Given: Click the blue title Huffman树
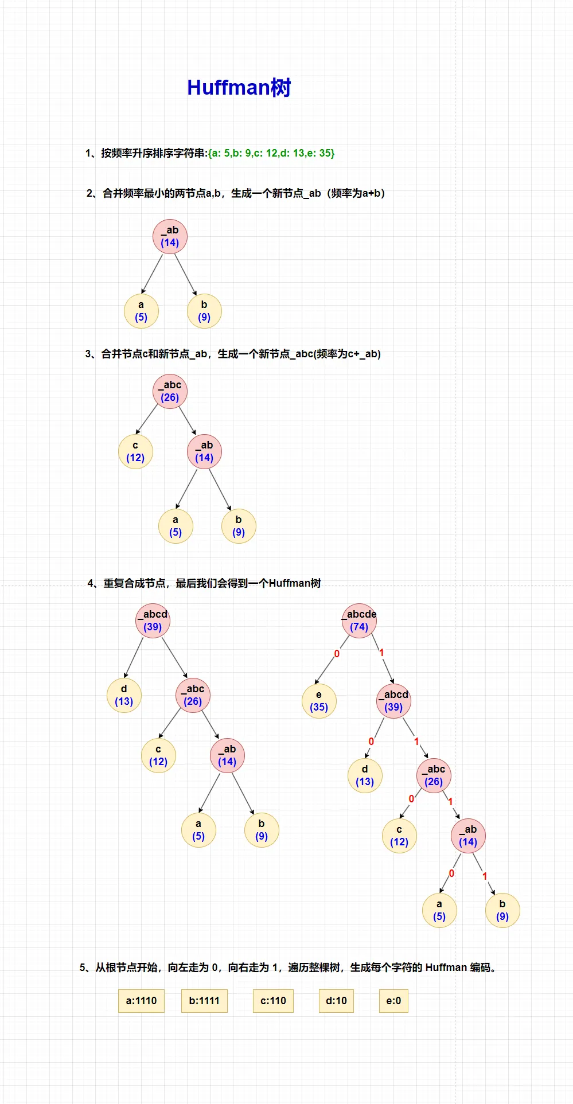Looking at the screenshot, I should [239, 88].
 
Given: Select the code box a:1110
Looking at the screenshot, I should [141, 1001].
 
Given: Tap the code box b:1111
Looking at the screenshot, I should [204, 1001].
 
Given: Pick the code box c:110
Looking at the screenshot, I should [273, 1001].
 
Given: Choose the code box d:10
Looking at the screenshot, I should [336, 1001].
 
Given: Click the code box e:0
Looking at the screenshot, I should [393, 1001].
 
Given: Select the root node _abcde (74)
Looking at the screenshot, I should [359, 621].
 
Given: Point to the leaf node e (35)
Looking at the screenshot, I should [319, 701].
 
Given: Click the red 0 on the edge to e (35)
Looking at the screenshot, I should [337, 654].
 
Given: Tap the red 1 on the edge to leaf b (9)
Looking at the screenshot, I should [485, 876].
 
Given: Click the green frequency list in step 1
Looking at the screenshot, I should [271, 153].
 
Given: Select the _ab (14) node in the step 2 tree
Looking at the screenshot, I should [170, 236].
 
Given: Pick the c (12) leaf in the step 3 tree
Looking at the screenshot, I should [135, 451].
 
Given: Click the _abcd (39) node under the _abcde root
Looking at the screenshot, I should [393, 701].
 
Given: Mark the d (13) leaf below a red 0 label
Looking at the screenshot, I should [365, 775].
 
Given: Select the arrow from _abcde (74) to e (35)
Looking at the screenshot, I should [333, 660].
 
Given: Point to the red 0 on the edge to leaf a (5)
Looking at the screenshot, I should [451, 873].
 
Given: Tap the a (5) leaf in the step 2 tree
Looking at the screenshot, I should [141, 311].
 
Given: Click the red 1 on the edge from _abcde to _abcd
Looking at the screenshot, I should [381, 653].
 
